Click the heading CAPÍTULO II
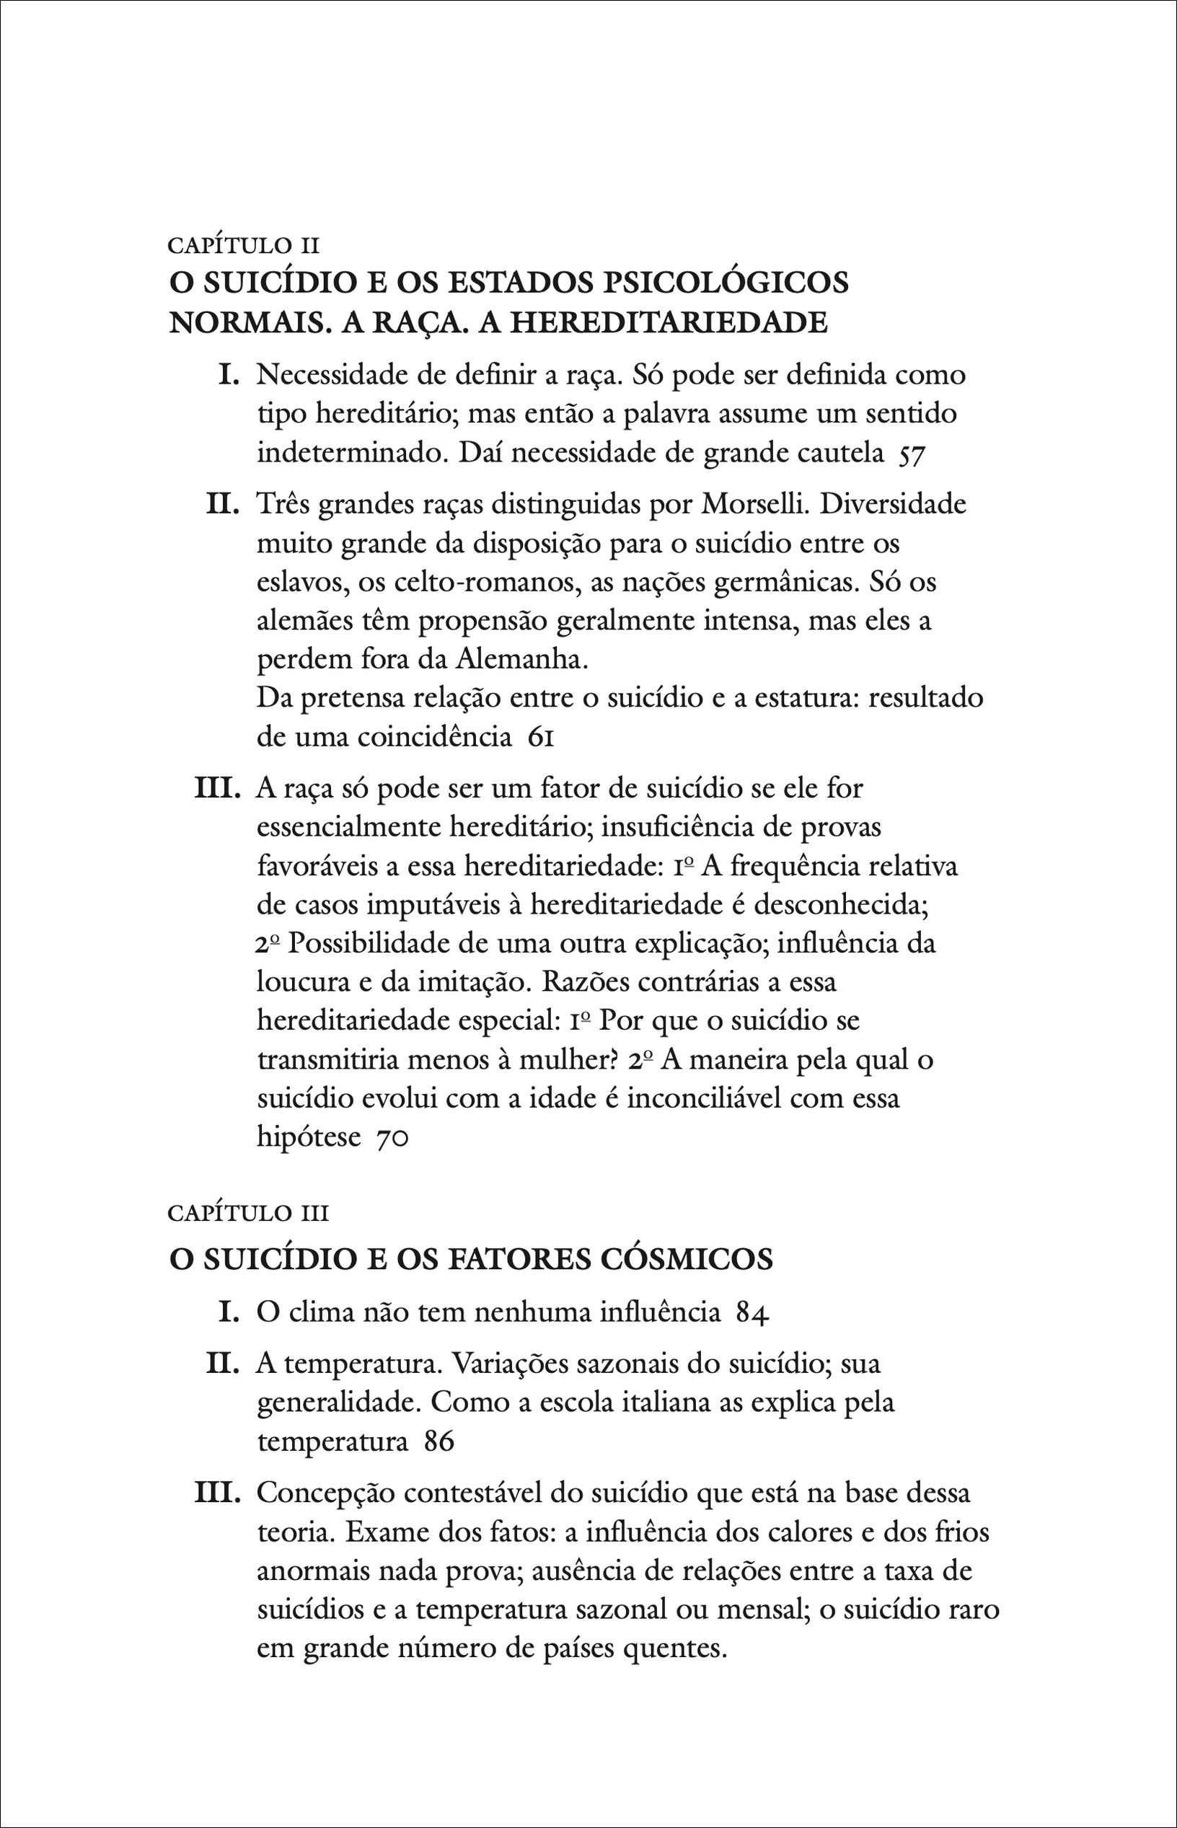(x=243, y=245)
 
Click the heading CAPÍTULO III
(x=247, y=1213)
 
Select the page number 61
(x=540, y=738)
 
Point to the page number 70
(x=394, y=1138)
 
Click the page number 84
(x=752, y=1313)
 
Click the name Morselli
(x=753, y=504)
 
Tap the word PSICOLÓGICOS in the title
(x=726, y=283)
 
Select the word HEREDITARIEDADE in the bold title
(x=668, y=322)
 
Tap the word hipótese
(x=309, y=1138)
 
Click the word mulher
(x=568, y=1060)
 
